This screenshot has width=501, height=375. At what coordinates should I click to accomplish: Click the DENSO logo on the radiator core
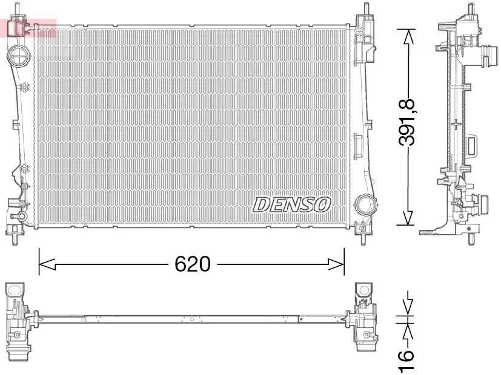pos(291,204)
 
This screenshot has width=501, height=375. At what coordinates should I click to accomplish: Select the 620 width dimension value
pos(192,264)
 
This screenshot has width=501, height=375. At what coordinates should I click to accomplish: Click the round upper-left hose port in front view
pos(18,58)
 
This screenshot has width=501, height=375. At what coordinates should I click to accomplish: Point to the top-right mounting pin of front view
pos(367,10)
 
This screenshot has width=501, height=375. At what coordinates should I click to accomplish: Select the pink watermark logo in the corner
pos(30,28)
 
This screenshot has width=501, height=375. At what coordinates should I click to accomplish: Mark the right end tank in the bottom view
pos(364,318)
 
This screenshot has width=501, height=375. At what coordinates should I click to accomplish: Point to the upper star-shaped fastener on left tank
pos(25,88)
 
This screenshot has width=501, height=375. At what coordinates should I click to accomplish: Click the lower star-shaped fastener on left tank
pos(25,168)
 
